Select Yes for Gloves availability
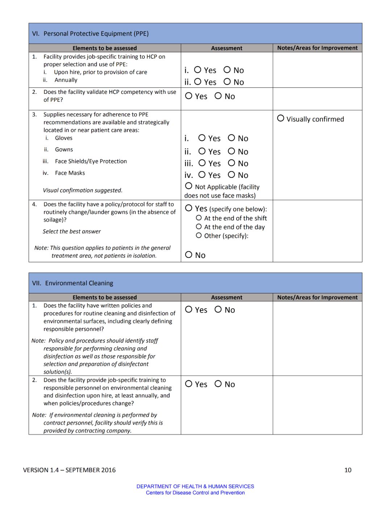[x=202, y=138]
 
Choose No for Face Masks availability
[x=232, y=175]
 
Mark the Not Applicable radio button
[x=189, y=186]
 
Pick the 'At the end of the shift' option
[x=199, y=218]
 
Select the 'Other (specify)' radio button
[x=199, y=235]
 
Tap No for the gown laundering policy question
[x=189, y=255]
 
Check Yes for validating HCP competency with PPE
[x=189, y=96]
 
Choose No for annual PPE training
[x=227, y=81]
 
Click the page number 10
[x=348, y=470]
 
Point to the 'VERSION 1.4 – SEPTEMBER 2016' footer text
[x=69, y=470]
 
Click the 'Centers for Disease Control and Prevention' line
[x=195, y=493]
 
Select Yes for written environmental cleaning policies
[x=189, y=309]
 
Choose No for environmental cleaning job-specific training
[x=218, y=384]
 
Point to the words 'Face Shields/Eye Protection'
[x=91, y=161]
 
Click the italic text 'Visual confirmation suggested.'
[x=83, y=190]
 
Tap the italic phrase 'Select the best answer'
[x=72, y=231]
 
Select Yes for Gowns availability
[x=202, y=151]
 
